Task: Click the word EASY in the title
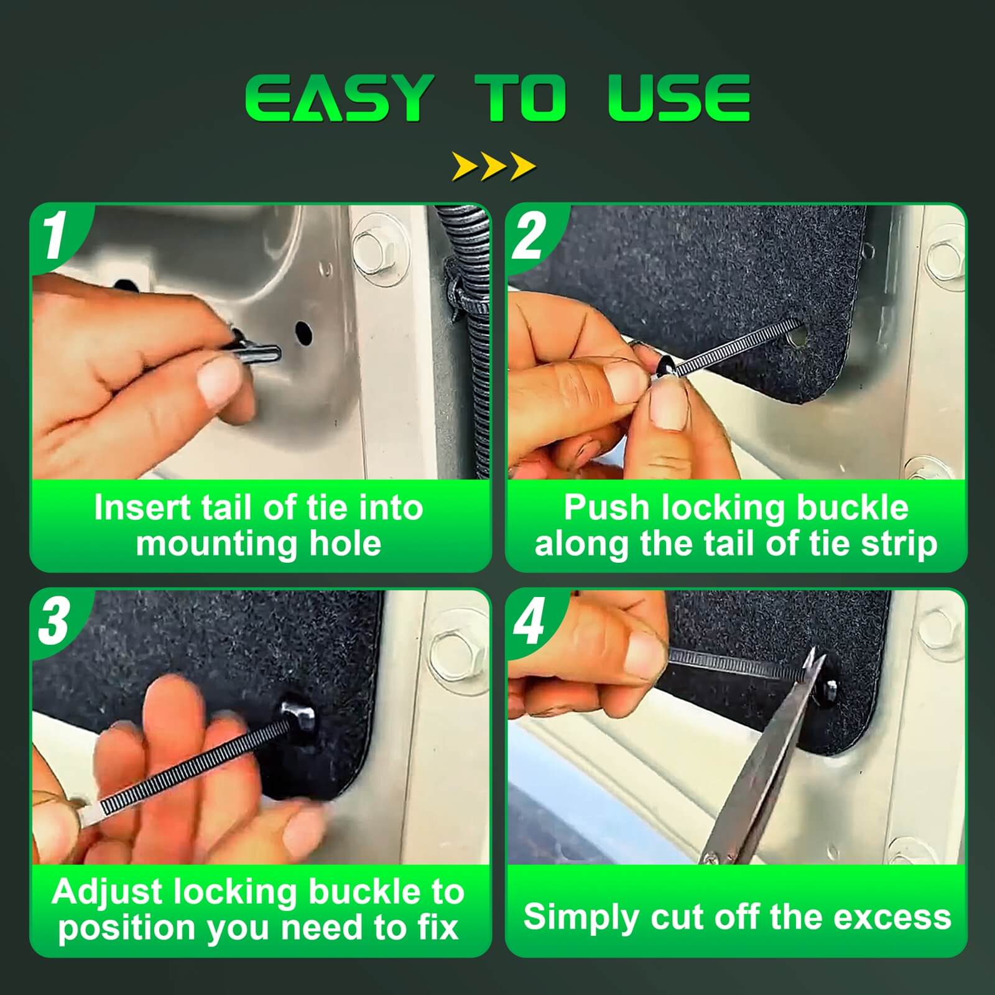click(336, 98)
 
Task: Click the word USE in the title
click(679, 98)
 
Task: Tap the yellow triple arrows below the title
click(494, 166)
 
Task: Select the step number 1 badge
click(55, 236)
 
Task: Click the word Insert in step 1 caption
click(142, 507)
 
